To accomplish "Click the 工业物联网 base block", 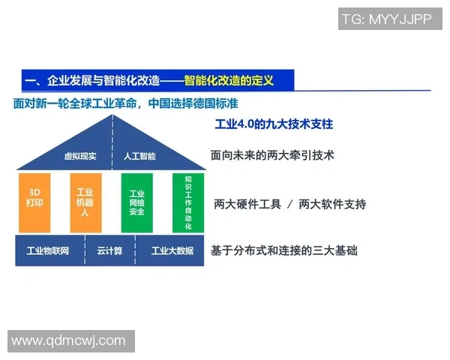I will [x=47, y=250].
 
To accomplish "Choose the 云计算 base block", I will [x=109, y=250].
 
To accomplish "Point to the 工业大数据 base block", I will [x=172, y=250].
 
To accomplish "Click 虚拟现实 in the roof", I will [x=81, y=156].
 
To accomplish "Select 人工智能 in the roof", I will [x=139, y=156].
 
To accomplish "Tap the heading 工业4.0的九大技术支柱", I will [x=273, y=123].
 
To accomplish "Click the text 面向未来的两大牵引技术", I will [x=272, y=156].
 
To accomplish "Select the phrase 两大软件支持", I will [x=332, y=203].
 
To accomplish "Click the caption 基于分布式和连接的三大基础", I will [x=284, y=250].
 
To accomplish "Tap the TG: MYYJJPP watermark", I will [x=386, y=19].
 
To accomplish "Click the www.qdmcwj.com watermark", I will [x=68, y=340].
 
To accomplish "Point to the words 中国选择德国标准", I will [x=193, y=103].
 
